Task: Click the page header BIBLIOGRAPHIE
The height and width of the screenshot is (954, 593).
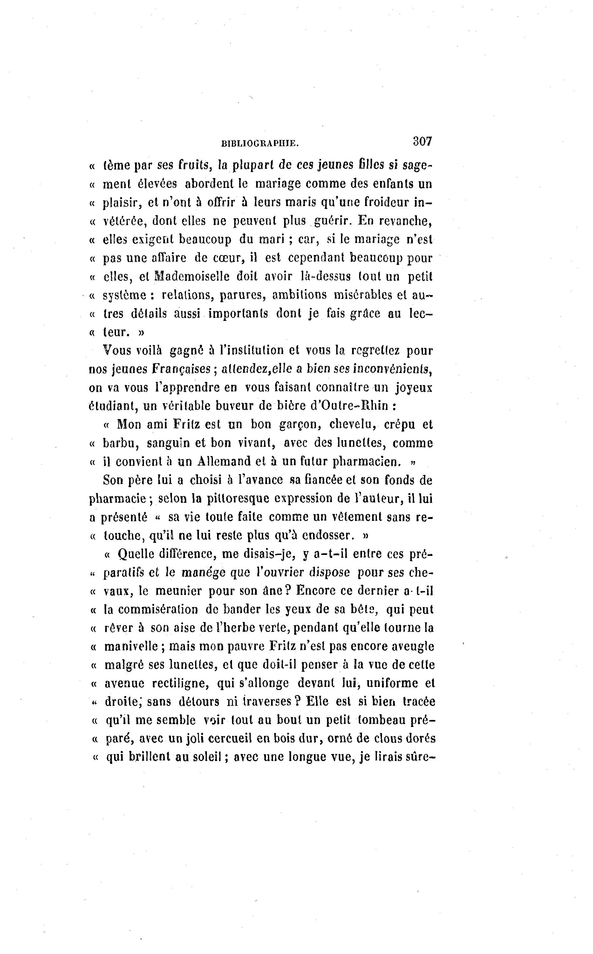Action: click(x=260, y=144)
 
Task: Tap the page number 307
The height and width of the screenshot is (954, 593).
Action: click(x=422, y=141)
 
